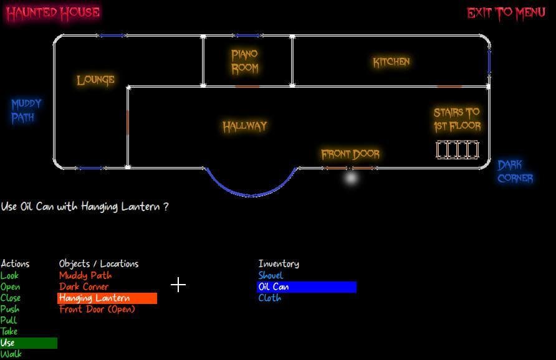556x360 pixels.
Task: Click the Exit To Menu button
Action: tap(506, 14)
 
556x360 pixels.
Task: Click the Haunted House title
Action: tap(53, 13)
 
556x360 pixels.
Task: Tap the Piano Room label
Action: tap(245, 62)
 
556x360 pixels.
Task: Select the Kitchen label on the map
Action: tap(391, 62)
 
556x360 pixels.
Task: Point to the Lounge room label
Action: tap(96, 80)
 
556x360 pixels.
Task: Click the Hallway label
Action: tap(245, 126)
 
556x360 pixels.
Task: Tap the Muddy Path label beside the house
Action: tap(26, 110)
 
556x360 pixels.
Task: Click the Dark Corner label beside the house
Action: tap(515, 171)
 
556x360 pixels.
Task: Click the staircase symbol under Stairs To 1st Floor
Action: tap(458, 149)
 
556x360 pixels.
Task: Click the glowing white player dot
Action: tap(351, 178)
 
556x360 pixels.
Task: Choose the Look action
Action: tap(9, 275)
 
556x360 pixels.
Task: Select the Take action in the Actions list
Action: tap(9, 331)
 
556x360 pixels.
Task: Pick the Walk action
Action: tap(11, 354)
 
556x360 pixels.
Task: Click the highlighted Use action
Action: tap(29, 343)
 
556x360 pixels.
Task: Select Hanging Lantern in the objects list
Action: tap(107, 298)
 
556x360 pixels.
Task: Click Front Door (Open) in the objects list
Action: tap(97, 310)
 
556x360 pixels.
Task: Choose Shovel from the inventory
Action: tap(271, 275)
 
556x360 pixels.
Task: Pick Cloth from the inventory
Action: tap(269, 298)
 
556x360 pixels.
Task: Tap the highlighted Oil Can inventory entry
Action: tap(307, 287)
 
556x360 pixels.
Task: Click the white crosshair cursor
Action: tap(178, 285)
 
